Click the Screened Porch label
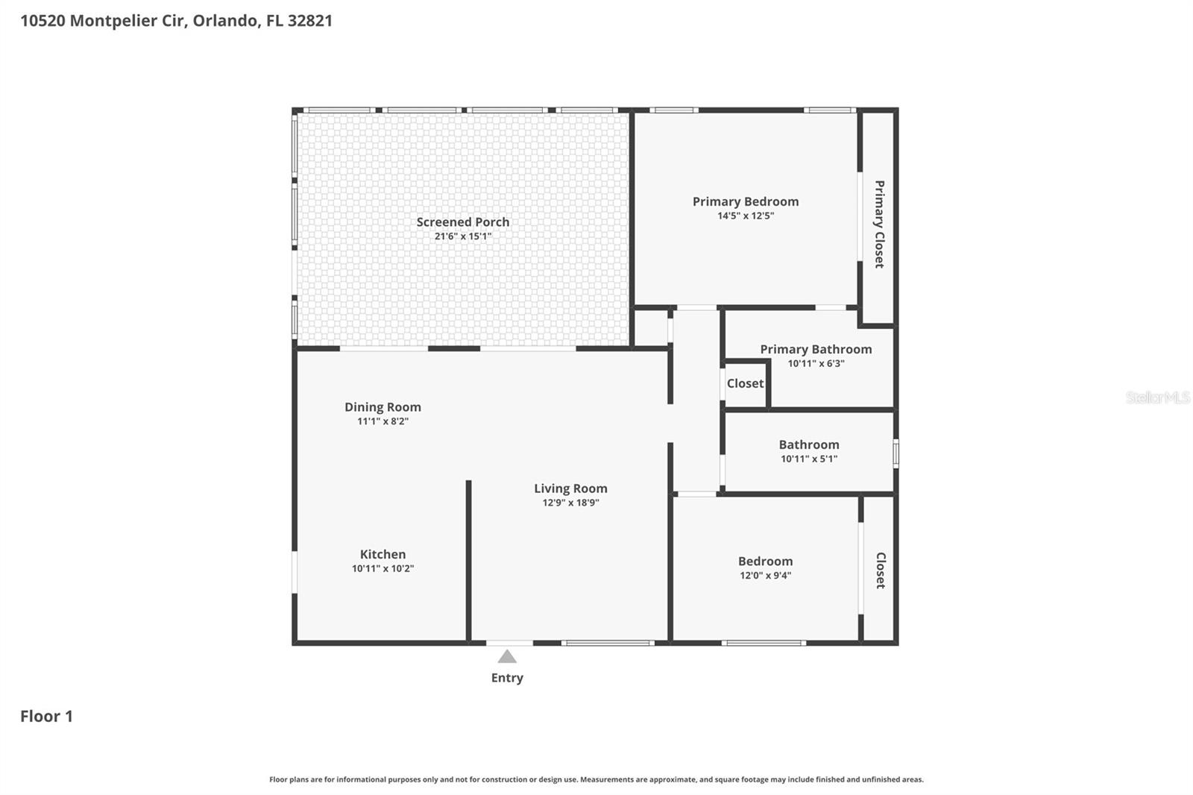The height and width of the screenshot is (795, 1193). click(462, 221)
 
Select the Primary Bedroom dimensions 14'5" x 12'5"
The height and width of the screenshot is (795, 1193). click(746, 216)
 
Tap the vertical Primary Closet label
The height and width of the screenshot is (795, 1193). click(879, 224)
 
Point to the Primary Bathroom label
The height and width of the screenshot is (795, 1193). click(816, 349)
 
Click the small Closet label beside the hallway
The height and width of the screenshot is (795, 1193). click(745, 383)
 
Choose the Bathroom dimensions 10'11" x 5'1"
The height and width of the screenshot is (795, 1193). click(809, 459)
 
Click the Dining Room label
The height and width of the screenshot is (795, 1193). click(383, 406)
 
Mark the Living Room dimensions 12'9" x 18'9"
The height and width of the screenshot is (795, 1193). click(570, 503)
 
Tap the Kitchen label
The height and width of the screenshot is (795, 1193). click(383, 554)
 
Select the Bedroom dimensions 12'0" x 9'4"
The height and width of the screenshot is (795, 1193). click(765, 575)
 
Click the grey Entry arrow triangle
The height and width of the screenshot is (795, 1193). click(507, 656)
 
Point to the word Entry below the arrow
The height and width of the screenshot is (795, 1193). click(507, 678)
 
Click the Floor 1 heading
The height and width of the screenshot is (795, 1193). click(46, 716)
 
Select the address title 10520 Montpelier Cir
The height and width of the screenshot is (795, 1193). click(176, 20)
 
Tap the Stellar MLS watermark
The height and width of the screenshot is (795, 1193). click(1157, 397)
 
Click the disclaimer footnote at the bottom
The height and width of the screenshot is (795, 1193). click(596, 779)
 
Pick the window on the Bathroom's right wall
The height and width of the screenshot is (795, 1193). click(895, 453)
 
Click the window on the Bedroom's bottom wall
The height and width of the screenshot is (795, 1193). click(764, 642)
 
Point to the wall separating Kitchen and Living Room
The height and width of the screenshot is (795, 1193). click(468, 559)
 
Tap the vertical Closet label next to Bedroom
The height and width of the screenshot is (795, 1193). click(880, 571)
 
